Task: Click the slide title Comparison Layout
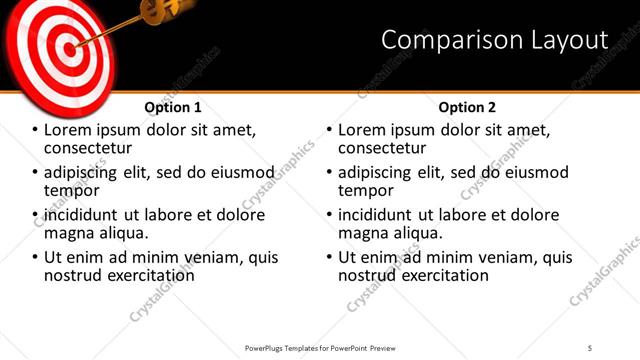(x=495, y=40)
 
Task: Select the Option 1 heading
(x=173, y=106)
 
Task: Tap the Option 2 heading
(x=467, y=106)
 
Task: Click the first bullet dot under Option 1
(x=36, y=131)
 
